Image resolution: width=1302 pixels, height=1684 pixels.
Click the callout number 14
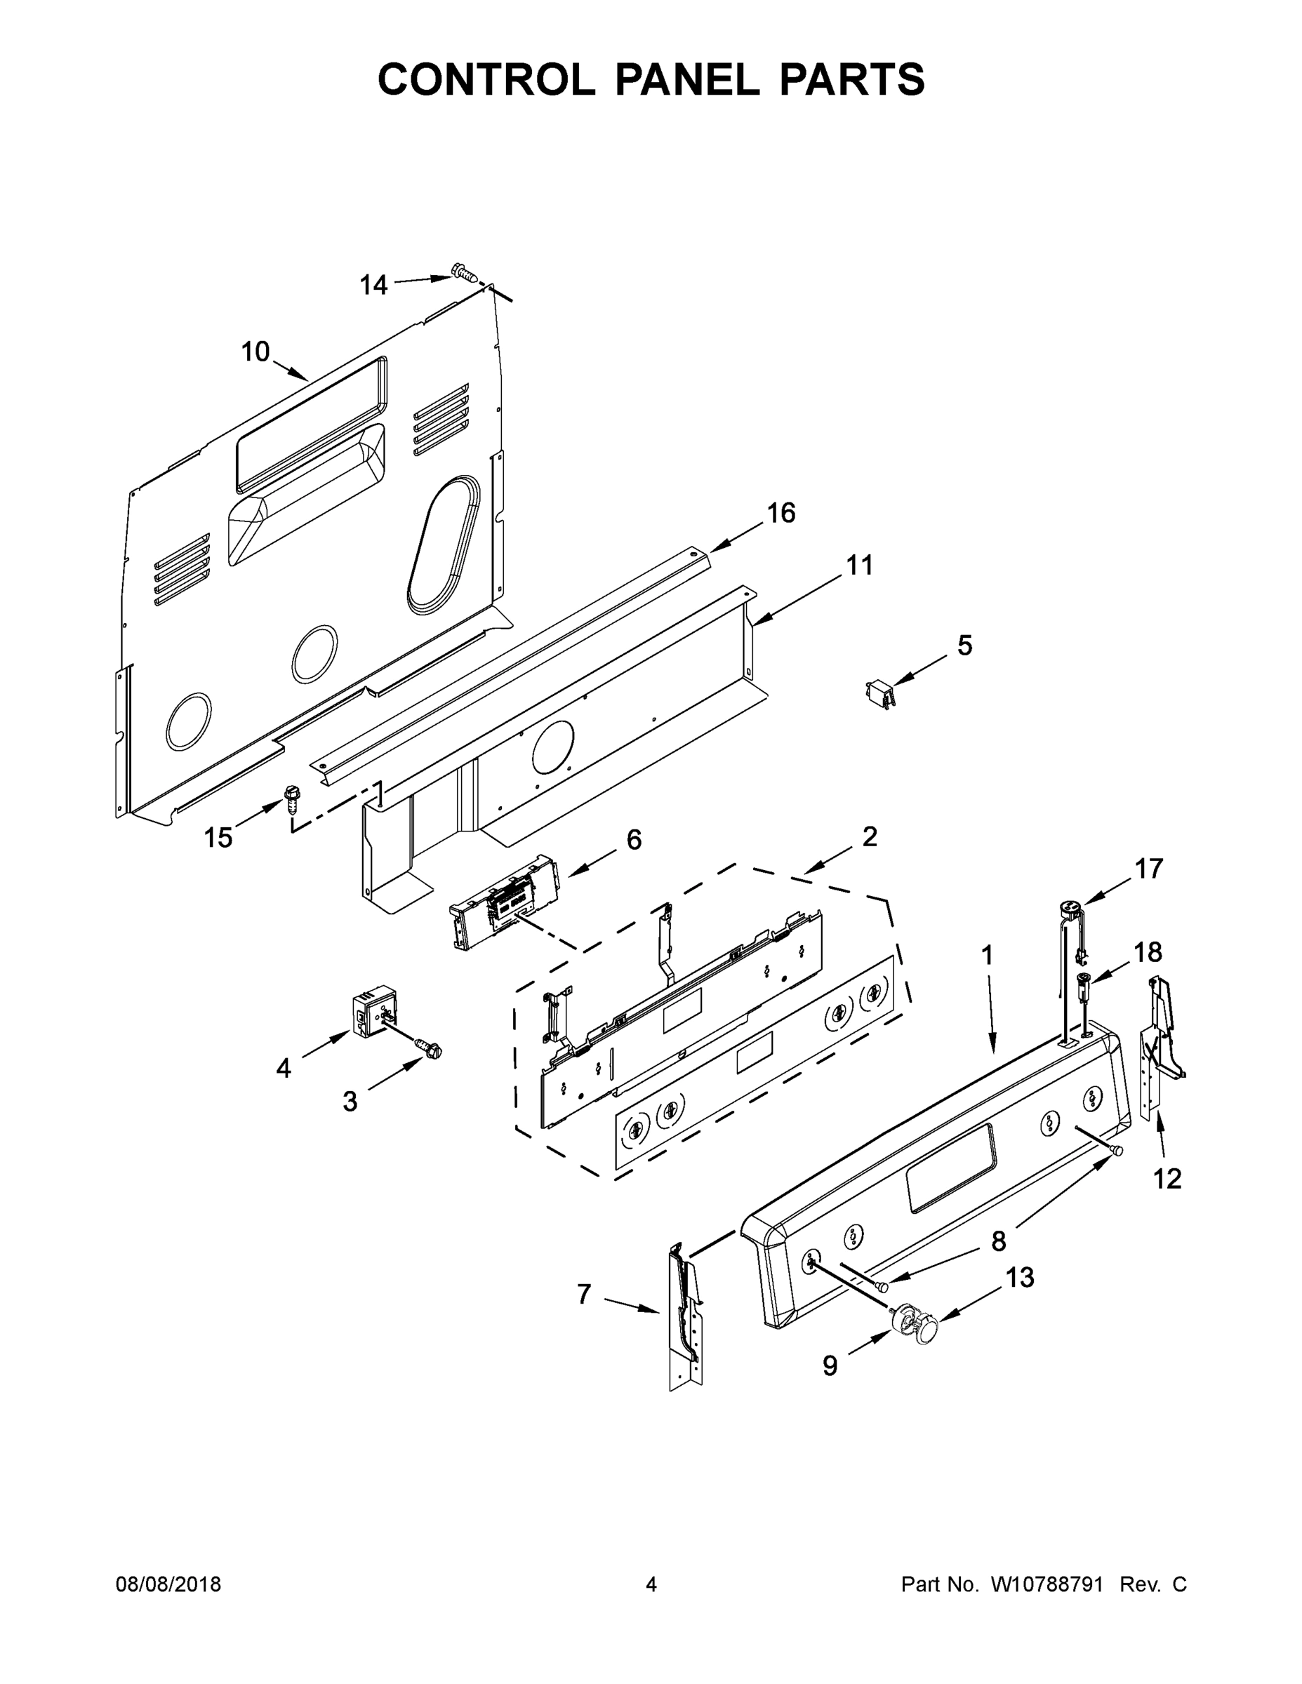373,286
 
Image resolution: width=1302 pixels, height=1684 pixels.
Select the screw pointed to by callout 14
463,272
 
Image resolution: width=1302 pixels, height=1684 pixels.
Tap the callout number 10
255,352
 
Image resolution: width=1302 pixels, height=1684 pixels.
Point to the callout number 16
780,513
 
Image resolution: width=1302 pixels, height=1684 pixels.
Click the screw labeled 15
292,798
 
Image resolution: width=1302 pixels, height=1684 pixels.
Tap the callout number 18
1148,952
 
